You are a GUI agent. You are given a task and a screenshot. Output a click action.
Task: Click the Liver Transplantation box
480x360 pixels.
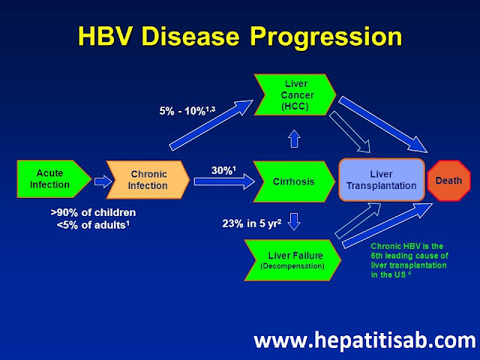coord(382,181)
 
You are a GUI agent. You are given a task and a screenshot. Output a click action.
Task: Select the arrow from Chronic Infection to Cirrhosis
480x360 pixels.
coord(222,181)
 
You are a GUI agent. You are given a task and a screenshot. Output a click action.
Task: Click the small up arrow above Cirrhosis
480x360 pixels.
coord(293,137)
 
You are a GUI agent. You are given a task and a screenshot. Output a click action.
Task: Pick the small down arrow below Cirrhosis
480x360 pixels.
coord(293,222)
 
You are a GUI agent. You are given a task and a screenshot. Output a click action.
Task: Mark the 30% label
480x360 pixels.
coord(223,170)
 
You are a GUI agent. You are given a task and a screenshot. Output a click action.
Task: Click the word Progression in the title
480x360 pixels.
coord(327,36)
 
